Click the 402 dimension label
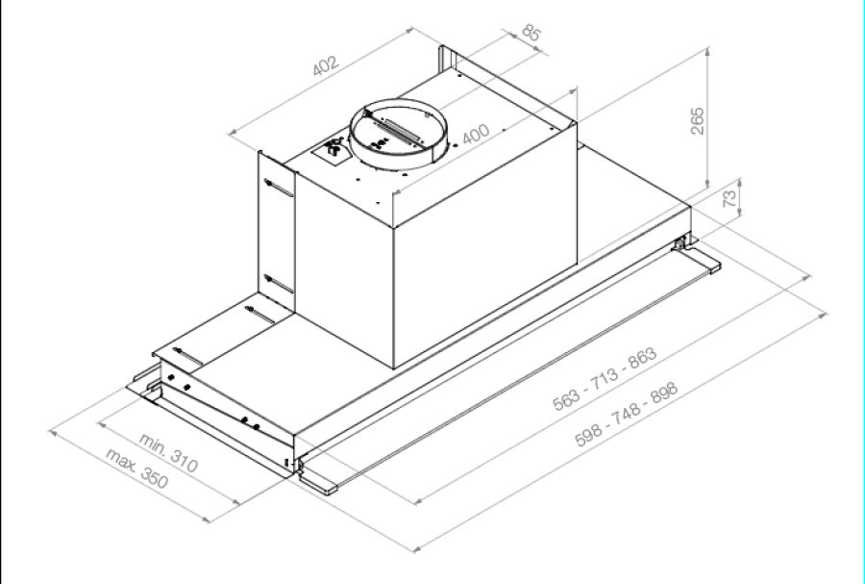tap(325, 65)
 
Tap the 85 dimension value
tap(531, 33)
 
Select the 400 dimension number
tap(475, 134)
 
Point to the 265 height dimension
tap(698, 121)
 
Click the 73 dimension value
tap(729, 197)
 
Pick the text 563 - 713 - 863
tap(605, 379)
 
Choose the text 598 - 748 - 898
tap(626, 414)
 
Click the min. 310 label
tap(167, 453)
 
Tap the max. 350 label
tap(136, 469)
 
